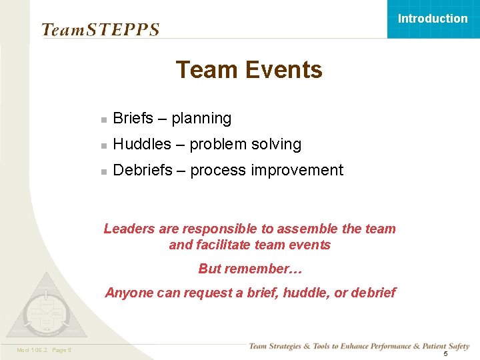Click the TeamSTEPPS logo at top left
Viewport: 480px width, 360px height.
coord(100,30)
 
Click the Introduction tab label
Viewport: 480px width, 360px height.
coord(433,19)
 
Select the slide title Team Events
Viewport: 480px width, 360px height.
coord(249,70)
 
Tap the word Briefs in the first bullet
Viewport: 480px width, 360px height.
coord(133,119)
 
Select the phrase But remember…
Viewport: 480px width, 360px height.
coord(250,269)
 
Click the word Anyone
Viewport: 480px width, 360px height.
coord(128,293)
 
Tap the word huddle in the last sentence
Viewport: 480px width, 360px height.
coord(307,293)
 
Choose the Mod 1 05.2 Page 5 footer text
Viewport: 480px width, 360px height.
coord(45,351)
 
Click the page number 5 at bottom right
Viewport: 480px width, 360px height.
coord(445,353)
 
